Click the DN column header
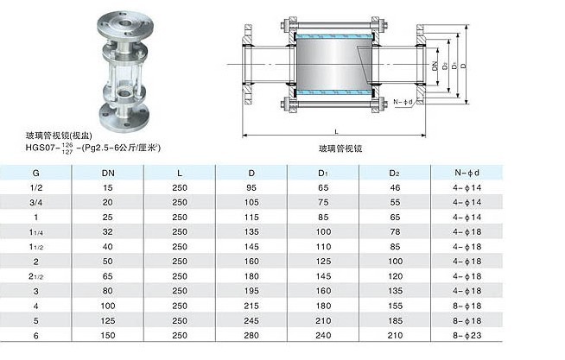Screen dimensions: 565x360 [x=108, y=174]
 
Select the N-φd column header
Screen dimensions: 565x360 [x=467, y=173]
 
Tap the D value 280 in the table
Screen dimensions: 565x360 [x=251, y=336]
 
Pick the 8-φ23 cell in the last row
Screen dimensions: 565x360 [x=467, y=336]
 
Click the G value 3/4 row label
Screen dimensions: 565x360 [x=35, y=203]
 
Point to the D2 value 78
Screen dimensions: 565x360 [x=395, y=232]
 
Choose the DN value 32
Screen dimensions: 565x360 [x=108, y=232]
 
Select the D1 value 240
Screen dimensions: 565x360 [x=323, y=336]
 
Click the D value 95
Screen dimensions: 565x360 [x=251, y=188]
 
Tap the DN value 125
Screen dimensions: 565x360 [x=108, y=321]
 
